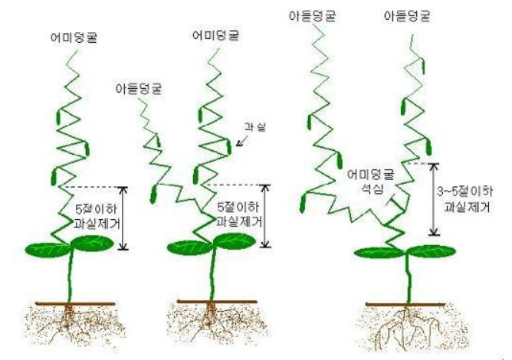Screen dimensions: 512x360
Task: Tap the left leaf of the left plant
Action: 48,248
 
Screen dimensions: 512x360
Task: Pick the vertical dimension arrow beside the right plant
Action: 435,199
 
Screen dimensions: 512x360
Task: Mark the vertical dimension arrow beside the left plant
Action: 125,218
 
